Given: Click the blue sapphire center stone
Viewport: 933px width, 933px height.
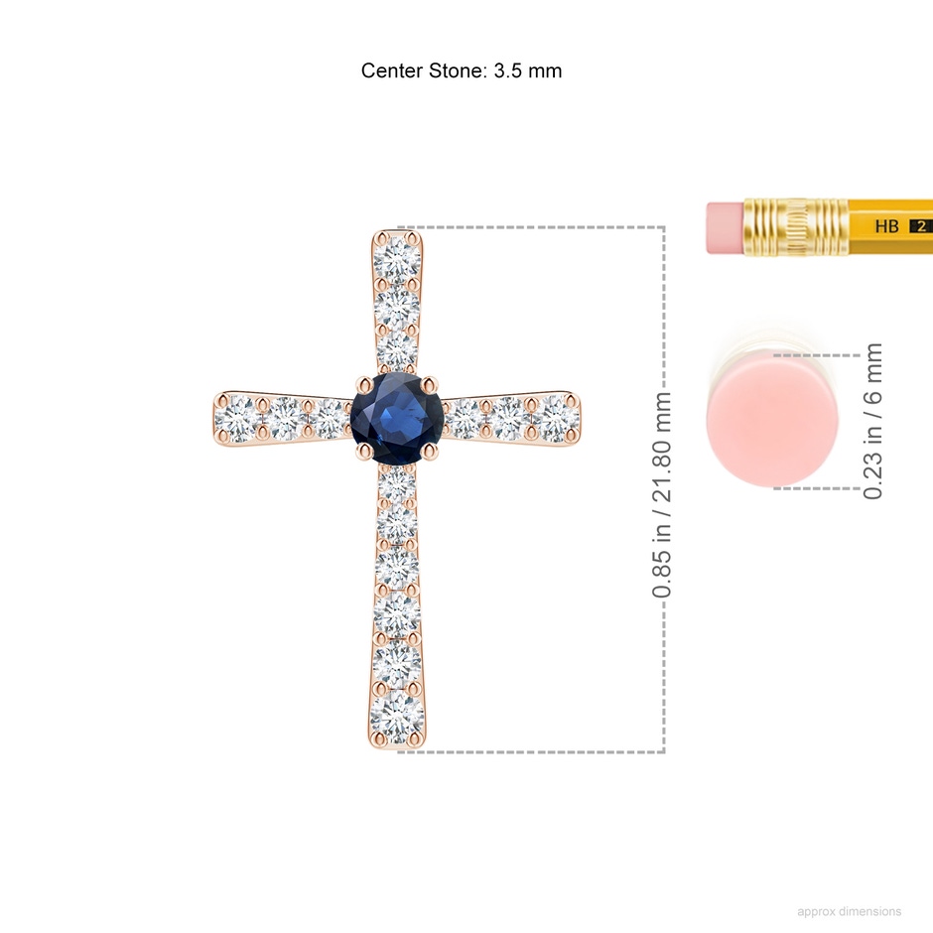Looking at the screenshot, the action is click(397, 418).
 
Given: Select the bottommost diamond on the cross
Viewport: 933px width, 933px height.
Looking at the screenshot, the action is click(397, 716).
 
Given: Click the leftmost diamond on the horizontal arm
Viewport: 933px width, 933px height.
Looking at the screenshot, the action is click(237, 418).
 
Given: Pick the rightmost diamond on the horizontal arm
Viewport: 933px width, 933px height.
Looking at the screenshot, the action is click(556, 418).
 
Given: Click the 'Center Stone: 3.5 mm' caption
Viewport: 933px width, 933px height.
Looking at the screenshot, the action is click(462, 70).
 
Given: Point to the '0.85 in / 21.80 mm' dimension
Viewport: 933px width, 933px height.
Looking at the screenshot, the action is click(662, 494).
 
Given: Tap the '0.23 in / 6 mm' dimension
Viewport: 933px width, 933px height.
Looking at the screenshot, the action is click(872, 421).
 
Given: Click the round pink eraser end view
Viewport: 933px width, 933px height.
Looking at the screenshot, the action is click(772, 421).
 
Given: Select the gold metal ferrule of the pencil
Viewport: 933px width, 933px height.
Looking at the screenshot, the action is click(796, 227).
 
